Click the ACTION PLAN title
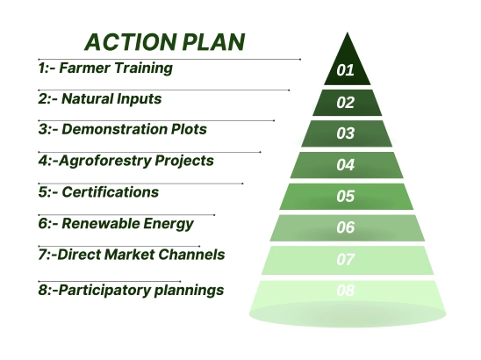(164, 42)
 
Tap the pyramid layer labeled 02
(346, 102)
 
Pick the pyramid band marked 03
(346, 133)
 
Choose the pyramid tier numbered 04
(346, 165)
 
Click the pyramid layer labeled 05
(346, 196)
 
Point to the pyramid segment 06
(346, 227)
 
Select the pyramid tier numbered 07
(346, 259)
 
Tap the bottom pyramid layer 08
(346, 291)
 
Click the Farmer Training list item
(105, 68)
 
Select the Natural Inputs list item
(100, 99)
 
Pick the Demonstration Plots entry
(122, 129)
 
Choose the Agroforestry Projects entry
(126, 161)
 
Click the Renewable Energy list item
(116, 223)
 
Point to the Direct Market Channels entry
(131, 255)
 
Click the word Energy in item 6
(169, 223)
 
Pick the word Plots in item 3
(187, 129)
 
